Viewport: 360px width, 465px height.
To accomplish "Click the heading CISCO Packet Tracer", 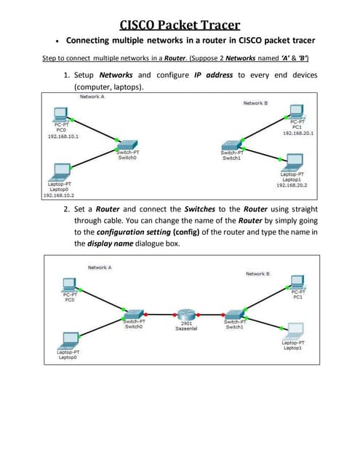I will coord(180,25).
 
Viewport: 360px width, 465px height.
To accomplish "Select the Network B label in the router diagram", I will coord(257,273).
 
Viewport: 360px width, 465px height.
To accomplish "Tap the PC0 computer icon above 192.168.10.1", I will coord(62,114).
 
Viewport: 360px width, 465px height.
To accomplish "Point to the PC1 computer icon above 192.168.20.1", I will coord(296,111).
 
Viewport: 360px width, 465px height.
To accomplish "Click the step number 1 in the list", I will coord(66,75).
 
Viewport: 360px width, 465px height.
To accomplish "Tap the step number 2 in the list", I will coord(66,208).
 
